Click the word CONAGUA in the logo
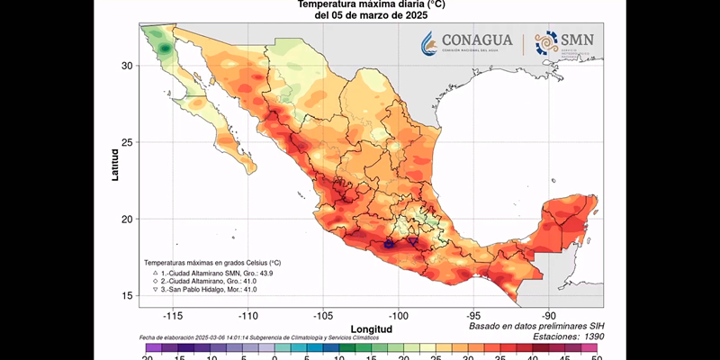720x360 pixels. [x=477, y=40]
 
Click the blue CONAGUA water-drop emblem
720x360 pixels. [x=429, y=43]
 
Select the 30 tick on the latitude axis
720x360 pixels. [x=128, y=66]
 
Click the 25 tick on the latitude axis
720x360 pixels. [x=128, y=142]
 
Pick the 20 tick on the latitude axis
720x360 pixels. [x=128, y=219]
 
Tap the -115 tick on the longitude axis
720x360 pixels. [x=174, y=316]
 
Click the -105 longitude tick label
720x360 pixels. [x=324, y=316]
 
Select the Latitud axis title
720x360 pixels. [x=115, y=165]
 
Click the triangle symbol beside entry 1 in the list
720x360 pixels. [x=155, y=272]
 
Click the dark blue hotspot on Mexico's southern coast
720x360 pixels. [x=389, y=243]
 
